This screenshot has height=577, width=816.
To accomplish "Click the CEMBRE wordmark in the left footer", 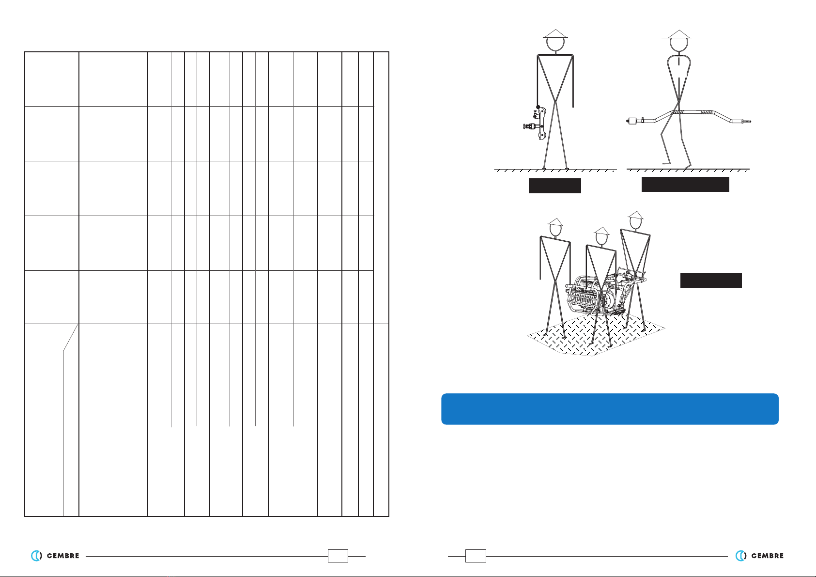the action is tap(63, 556).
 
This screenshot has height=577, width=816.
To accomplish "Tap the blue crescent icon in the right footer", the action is tap(740, 556).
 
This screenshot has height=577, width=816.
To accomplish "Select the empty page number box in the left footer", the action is tap(338, 556).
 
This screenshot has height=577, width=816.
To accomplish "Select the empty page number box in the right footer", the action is tap(476, 556).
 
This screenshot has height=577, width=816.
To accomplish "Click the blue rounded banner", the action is tap(610, 409).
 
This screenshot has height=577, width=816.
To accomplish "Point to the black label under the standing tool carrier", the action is tap(555, 186).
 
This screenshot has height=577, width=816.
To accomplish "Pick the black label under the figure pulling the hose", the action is tap(685, 184).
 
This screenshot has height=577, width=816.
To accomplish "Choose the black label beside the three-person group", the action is tap(711, 281).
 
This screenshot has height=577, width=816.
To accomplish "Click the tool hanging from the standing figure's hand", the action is tap(536, 123).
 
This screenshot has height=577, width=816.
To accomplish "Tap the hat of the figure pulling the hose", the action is tap(677, 34).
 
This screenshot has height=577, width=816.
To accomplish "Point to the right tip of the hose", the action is tap(751, 122).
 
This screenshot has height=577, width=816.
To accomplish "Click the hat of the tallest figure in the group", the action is tap(636, 215).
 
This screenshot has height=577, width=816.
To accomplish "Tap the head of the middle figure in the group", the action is tap(602, 239).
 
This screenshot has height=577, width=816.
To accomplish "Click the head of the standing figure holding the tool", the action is tap(555, 44).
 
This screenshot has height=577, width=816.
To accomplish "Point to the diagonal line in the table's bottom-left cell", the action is tap(70, 338).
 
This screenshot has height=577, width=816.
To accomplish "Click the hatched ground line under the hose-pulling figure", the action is tap(688, 170).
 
